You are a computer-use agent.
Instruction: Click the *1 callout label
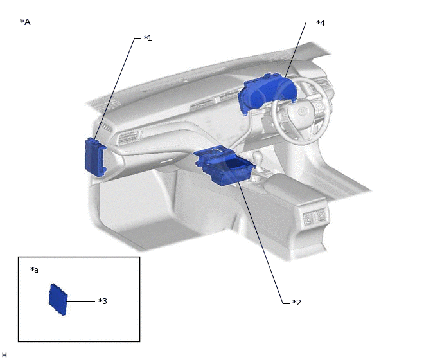click(x=148, y=39)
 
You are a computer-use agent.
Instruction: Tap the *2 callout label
click(x=297, y=302)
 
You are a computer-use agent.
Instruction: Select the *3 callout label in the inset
click(x=103, y=301)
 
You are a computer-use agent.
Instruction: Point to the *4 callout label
click(x=320, y=23)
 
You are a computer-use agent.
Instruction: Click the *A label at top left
click(x=25, y=22)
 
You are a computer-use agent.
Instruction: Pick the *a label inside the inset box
click(x=35, y=270)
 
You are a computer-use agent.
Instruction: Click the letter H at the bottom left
click(x=4, y=355)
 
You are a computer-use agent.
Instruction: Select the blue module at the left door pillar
click(x=95, y=157)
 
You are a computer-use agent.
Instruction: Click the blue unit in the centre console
click(x=224, y=165)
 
